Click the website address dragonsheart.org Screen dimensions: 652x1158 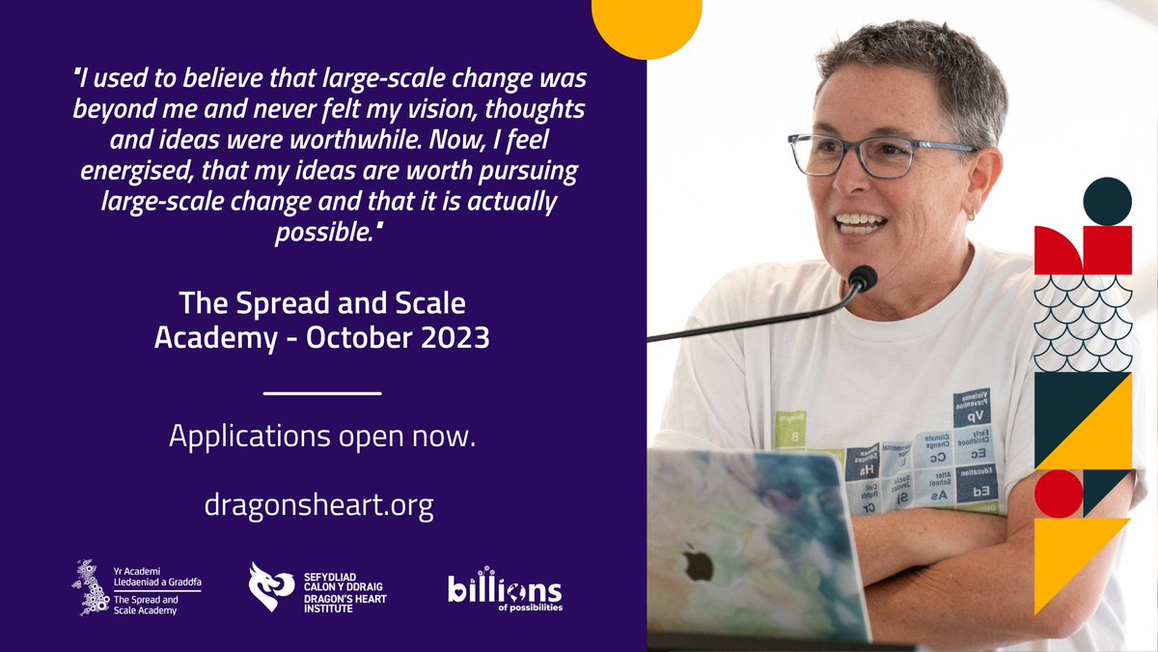click(318, 505)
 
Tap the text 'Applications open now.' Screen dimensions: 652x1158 click(322, 436)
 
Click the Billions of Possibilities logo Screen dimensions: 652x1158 click(505, 589)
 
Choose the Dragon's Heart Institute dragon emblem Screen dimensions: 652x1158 click(270, 588)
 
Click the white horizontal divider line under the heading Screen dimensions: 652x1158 click(322, 393)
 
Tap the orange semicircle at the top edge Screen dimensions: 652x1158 click(646, 24)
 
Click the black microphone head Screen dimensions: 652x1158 click(862, 279)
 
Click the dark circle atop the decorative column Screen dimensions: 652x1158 click(1107, 202)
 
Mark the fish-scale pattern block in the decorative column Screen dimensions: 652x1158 click(1082, 324)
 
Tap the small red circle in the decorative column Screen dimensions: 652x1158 click(1059, 494)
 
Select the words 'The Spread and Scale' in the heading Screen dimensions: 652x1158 click(322, 305)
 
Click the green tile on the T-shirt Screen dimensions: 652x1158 click(790, 430)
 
